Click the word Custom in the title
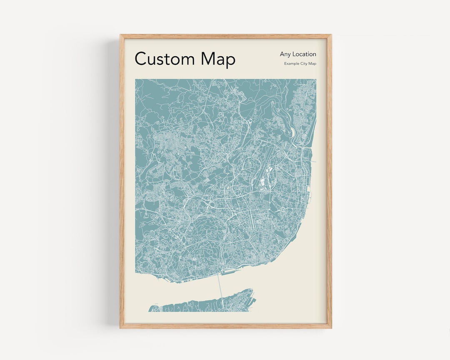coord(164,59)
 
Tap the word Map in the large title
coord(218,59)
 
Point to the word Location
coord(304,54)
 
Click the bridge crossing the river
coord(220,287)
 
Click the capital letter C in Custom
coord(141,59)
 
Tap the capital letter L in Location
coord(294,54)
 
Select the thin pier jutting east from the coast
coord(313,161)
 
